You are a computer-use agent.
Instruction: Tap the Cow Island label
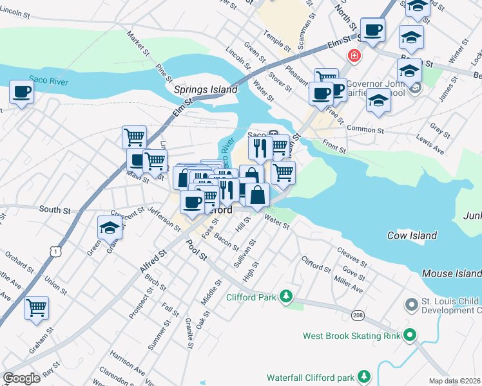[412, 235]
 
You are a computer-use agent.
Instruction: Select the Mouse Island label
[452, 273]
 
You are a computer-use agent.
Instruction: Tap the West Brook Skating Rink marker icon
[409, 335]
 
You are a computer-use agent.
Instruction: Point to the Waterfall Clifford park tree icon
[364, 376]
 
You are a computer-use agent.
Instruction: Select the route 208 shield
[359, 314]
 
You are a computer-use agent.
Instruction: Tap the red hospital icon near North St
[353, 56]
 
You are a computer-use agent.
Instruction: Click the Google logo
[21, 378]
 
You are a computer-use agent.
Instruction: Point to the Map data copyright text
[455, 381]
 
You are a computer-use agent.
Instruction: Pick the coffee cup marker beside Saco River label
[22, 91]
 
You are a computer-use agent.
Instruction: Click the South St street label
[54, 210]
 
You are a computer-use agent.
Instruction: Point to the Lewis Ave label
[430, 146]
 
